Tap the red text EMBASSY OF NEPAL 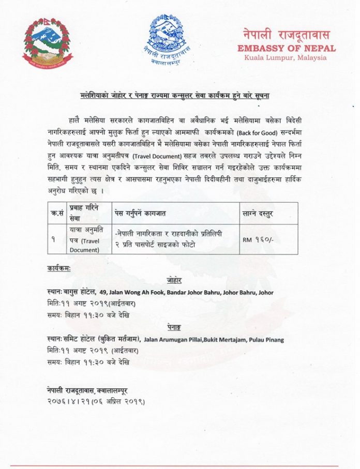point(286,48)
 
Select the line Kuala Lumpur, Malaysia point(286,57)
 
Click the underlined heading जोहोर point(175,280)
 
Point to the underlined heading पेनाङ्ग point(175,328)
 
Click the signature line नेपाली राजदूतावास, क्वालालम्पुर point(90,390)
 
